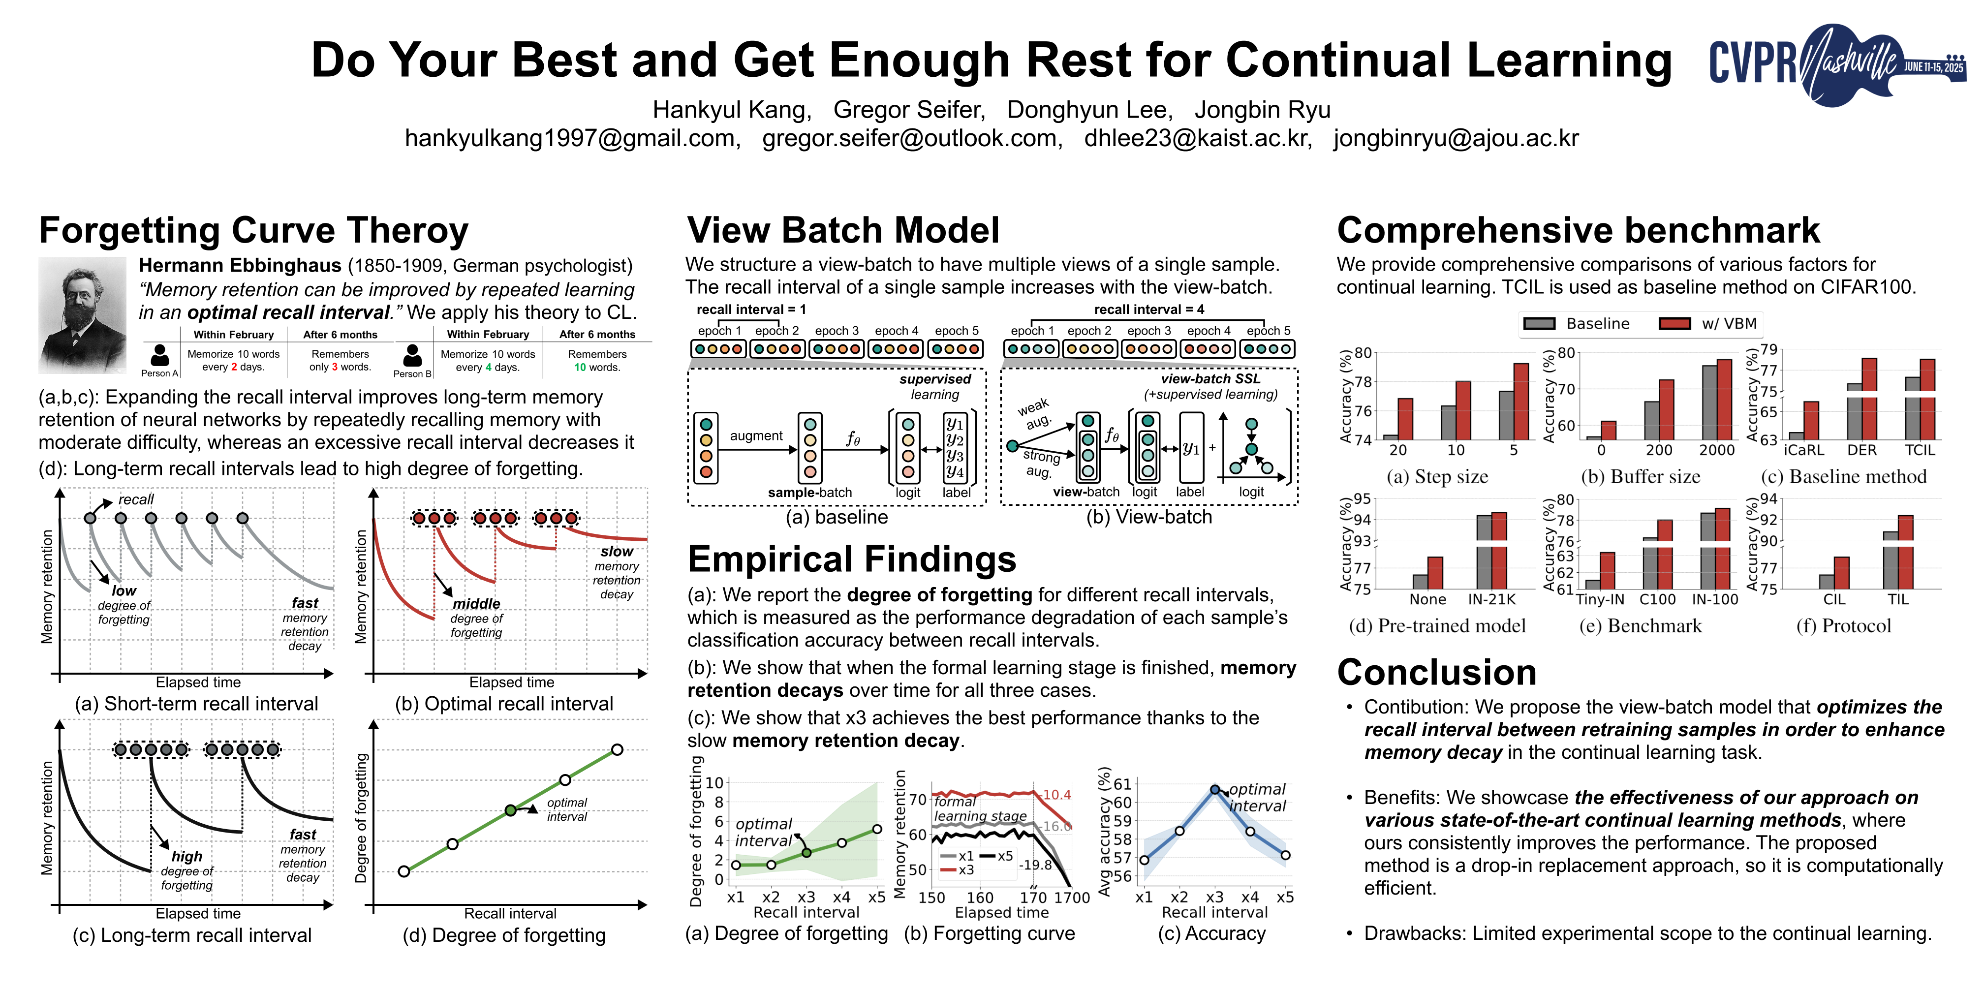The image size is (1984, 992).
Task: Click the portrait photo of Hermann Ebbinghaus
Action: point(82,315)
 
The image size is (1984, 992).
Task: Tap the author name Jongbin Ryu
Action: point(1262,110)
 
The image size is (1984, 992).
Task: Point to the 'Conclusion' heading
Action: point(1436,672)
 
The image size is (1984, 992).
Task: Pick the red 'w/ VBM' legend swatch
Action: point(1674,323)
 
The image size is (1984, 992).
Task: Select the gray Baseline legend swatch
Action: point(1539,323)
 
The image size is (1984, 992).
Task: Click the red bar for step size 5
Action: point(1521,401)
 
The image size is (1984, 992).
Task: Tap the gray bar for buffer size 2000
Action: point(1709,401)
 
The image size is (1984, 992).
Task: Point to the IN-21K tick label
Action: point(1492,599)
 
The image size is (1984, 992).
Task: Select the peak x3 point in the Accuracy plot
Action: point(1214,789)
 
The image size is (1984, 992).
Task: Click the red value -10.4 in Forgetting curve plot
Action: point(1056,795)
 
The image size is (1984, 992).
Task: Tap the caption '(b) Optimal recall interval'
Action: point(504,704)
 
